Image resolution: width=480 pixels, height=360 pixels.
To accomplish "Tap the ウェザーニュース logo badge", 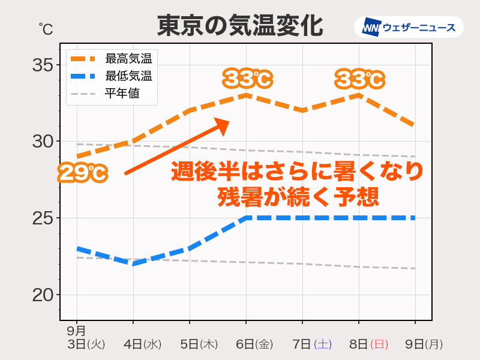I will [x=409, y=27].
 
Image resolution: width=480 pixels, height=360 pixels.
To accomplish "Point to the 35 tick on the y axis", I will [x=43, y=64].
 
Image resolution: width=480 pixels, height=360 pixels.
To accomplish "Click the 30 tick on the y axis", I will [x=43, y=141].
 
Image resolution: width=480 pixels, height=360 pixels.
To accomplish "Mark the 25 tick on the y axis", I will [x=43, y=218].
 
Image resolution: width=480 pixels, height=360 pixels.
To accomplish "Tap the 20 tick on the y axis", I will [x=43, y=295].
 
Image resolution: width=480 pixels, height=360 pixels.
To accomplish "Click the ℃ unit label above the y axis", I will [x=46, y=28].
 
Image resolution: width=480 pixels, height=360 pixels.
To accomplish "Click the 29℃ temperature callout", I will [x=82, y=173].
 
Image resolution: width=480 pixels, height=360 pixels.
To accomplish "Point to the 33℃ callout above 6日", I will [x=247, y=78].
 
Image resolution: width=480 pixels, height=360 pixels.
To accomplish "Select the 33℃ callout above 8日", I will [x=359, y=78].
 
